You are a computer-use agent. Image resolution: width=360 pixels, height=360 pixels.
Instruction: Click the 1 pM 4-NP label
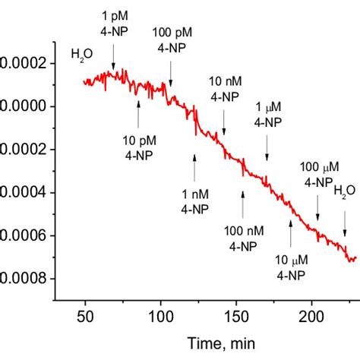114,25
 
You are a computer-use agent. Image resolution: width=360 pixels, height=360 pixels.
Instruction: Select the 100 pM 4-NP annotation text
171,46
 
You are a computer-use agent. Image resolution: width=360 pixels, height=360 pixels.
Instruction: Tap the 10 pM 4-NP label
139,147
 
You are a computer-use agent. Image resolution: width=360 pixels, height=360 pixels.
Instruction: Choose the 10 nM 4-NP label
225,90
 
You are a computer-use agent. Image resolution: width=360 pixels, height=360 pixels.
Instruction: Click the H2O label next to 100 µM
345,191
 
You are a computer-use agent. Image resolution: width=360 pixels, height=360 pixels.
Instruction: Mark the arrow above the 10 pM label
138,115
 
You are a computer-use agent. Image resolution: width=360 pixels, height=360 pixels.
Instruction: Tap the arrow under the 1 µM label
267,146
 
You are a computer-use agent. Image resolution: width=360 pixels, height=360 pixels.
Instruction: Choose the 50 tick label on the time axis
85,317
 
